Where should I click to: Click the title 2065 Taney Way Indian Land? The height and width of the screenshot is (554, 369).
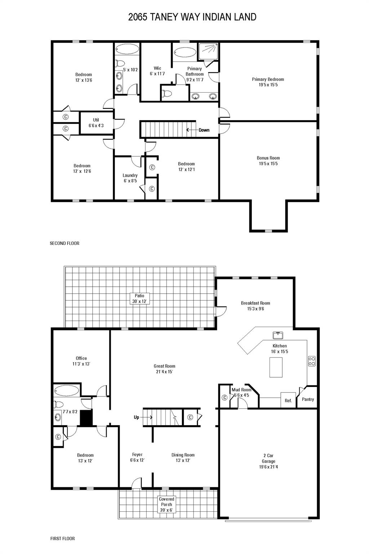pyautogui.click(x=192, y=17)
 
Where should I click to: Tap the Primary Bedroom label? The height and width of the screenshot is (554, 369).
pyautogui.click(x=268, y=82)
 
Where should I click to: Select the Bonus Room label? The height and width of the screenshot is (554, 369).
pyautogui.click(x=268, y=161)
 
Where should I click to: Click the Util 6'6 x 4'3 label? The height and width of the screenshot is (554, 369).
pyautogui.click(x=96, y=123)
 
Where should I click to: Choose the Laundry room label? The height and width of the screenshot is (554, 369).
pyautogui.click(x=130, y=178)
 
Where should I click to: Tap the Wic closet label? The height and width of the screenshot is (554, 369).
pyautogui.click(x=157, y=71)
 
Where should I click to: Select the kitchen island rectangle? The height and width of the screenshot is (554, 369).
pyautogui.click(x=276, y=367)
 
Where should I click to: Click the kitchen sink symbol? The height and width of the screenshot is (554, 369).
pyautogui.click(x=277, y=335)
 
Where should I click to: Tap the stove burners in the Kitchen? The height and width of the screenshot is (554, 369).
pyautogui.click(x=312, y=361)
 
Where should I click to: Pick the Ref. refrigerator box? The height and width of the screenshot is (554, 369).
pyautogui.click(x=288, y=400)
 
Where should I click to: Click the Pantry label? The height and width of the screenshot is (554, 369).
pyautogui.click(x=308, y=399)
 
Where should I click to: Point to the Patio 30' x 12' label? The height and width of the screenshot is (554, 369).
pyautogui.click(x=139, y=298)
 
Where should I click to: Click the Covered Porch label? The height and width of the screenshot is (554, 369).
pyautogui.click(x=166, y=504)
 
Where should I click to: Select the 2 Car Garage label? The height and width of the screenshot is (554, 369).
pyautogui.click(x=268, y=461)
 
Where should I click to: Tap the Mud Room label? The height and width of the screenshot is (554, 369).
pyautogui.click(x=241, y=392)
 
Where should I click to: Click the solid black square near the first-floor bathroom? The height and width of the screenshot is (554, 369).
pyautogui.click(x=86, y=418)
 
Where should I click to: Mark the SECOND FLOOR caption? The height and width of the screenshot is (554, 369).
pyautogui.click(x=65, y=243)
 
